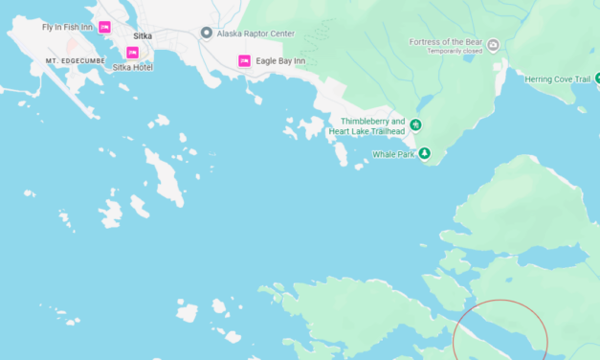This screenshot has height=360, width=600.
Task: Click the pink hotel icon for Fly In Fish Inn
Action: [x=104, y=27]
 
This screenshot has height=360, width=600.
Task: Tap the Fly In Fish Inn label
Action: [x=67, y=27]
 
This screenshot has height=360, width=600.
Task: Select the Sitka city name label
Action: [x=143, y=35]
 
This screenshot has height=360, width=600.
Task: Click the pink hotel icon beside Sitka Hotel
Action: [x=133, y=53]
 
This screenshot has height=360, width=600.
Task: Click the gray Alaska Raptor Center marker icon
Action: [x=206, y=33]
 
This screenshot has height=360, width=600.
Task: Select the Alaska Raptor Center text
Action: [x=255, y=33]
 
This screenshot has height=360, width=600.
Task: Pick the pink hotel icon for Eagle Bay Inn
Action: [x=244, y=61]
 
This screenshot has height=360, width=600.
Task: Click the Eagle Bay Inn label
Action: [x=280, y=61]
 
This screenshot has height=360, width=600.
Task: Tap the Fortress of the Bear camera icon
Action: [x=493, y=44]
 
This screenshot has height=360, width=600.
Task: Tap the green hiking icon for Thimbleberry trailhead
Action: [x=415, y=125]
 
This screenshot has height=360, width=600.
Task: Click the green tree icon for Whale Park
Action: [x=425, y=153]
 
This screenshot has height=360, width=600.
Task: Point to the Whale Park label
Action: [x=394, y=153]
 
